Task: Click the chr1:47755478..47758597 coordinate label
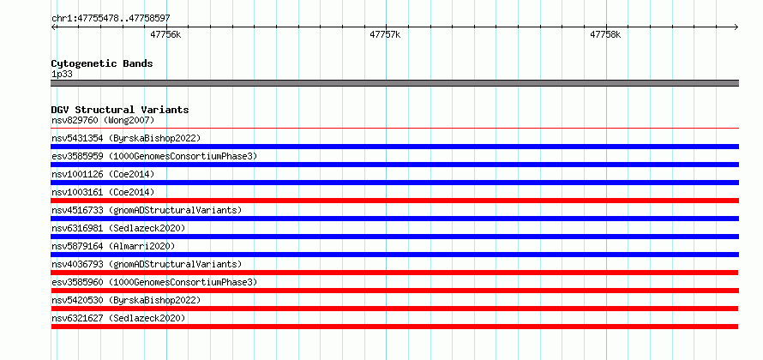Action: (x=111, y=19)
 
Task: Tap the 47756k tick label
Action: (x=165, y=34)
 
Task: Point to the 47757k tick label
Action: (x=386, y=34)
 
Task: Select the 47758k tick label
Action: (x=605, y=34)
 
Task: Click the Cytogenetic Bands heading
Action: (x=102, y=63)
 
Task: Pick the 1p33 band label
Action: (x=63, y=75)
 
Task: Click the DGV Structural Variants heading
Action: (x=120, y=110)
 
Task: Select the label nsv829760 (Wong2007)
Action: (x=103, y=120)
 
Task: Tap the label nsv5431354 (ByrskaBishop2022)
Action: (x=126, y=138)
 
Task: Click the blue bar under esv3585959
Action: (x=395, y=165)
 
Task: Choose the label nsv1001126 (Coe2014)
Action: (x=103, y=174)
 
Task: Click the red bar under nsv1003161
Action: (x=395, y=201)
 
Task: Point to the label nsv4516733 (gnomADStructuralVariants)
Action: (x=147, y=210)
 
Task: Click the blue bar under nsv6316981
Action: (x=395, y=237)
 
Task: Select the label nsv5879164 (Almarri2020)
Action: (x=113, y=246)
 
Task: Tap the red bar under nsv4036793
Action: (x=394, y=273)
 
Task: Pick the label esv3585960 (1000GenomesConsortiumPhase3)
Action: (x=154, y=282)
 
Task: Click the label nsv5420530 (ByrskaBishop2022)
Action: (x=126, y=300)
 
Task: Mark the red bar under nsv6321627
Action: (x=394, y=327)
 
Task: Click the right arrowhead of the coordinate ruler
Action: (x=736, y=27)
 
